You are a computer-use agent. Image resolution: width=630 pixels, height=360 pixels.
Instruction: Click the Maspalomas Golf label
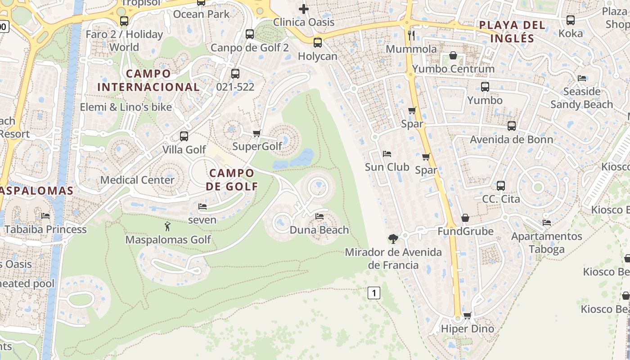[x=168, y=239]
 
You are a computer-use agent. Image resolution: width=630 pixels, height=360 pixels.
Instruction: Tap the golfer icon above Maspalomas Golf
[x=167, y=226]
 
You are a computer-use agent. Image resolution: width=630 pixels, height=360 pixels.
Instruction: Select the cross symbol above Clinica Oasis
[x=304, y=9]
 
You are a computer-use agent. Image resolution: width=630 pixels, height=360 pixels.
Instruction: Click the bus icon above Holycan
[x=318, y=43]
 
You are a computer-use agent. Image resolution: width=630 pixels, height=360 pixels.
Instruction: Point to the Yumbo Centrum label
[x=453, y=69]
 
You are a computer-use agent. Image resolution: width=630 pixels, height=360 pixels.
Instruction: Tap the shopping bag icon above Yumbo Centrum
[x=453, y=55]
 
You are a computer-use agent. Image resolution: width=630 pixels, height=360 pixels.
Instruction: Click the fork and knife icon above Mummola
[x=411, y=35]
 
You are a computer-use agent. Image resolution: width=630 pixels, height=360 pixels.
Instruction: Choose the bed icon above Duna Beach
[x=319, y=216]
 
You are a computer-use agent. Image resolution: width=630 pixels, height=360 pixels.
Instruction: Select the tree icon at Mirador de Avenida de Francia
[x=393, y=238]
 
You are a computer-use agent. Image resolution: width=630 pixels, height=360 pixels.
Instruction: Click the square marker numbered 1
[x=374, y=293]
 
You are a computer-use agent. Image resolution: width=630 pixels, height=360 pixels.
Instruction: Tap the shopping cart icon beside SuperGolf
[x=257, y=133]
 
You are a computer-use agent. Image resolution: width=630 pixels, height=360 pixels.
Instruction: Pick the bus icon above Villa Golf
[x=184, y=136]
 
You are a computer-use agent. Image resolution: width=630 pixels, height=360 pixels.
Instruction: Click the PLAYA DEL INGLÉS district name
[x=512, y=31]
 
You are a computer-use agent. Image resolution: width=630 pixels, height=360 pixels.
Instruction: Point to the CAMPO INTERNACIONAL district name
[x=148, y=80]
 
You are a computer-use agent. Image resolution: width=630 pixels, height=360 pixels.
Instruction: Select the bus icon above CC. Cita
[x=501, y=185]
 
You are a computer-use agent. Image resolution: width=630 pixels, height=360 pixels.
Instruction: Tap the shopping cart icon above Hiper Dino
[x=467, y=315]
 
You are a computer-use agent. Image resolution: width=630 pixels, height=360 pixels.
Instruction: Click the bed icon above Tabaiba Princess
[x=45, y=216]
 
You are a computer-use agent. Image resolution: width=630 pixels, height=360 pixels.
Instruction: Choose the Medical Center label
[x=137, y=180]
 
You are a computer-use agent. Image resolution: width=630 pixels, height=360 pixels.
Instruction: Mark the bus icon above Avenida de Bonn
[x=512, y=126]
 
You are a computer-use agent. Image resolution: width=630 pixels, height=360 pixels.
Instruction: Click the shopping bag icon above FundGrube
[x=465, y=218]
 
